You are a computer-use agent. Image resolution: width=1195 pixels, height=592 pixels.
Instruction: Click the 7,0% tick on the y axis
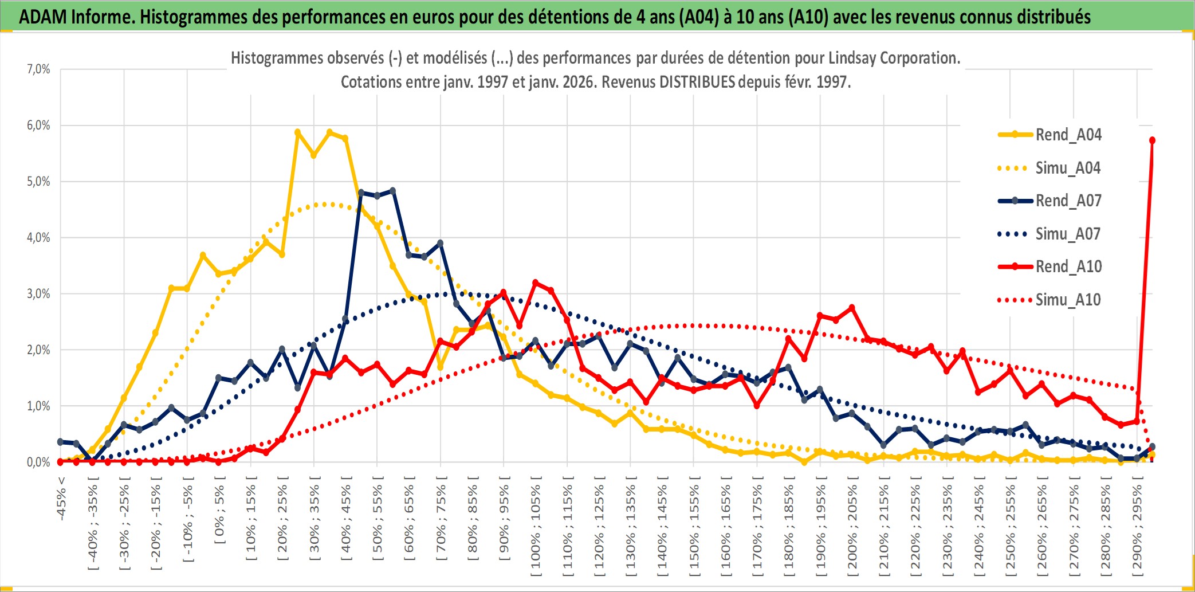coord(38,69)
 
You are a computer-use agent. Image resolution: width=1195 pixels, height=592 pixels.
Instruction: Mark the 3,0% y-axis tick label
coord(38,294)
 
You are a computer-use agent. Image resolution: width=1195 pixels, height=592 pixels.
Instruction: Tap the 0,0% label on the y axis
coord(38,462)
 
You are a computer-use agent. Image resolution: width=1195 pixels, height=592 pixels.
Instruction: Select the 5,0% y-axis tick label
coord(38,182)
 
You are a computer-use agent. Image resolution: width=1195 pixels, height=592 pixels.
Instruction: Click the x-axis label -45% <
coord(61,499)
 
